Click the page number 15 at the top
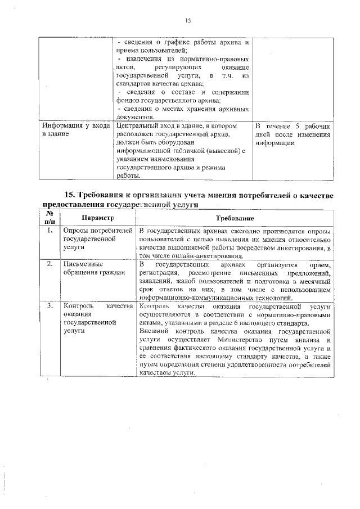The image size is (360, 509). pyautogui.click(x=188, y=21)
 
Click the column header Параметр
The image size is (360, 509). pyautogui.click(x=97, y=218)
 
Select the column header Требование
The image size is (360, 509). pyautogui.click(x=236, y=218)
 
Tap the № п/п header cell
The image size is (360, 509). pyautogui.click(x=49, y=218)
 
